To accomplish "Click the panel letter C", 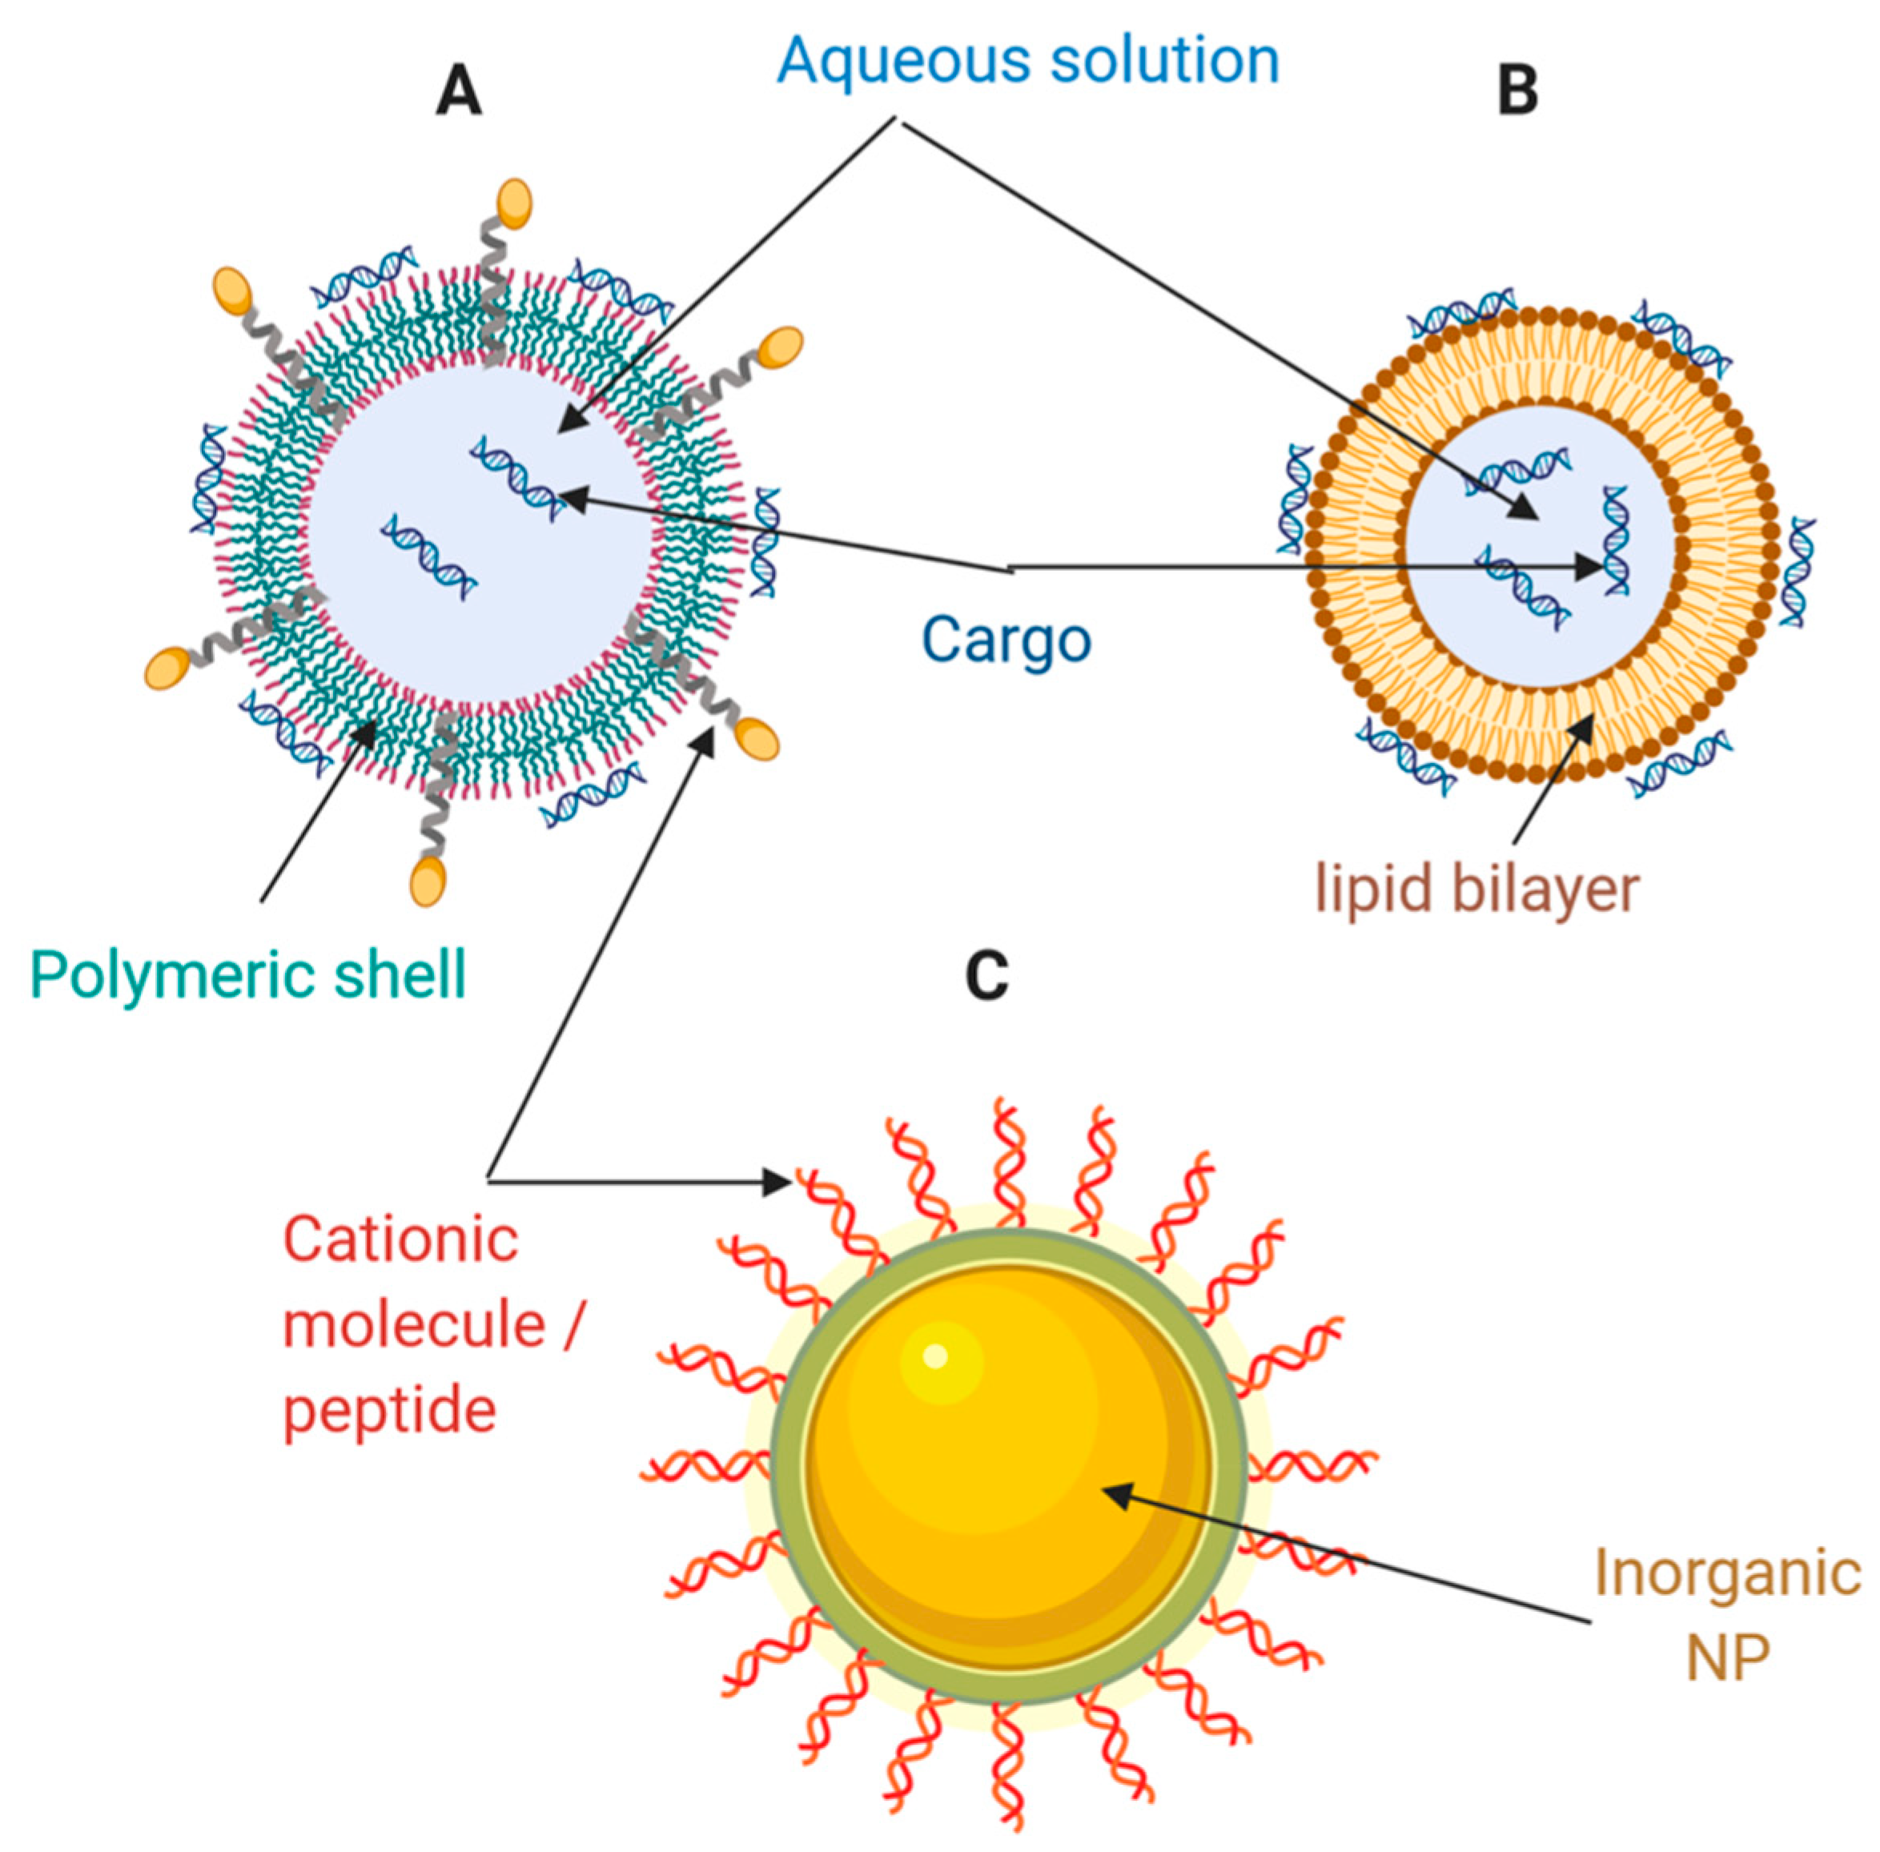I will click(x=986, y=975).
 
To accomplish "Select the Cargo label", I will click(x=1006, y=641).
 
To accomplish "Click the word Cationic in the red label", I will click(x=400, y=1240).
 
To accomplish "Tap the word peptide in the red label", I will click(x=389, y=1409).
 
